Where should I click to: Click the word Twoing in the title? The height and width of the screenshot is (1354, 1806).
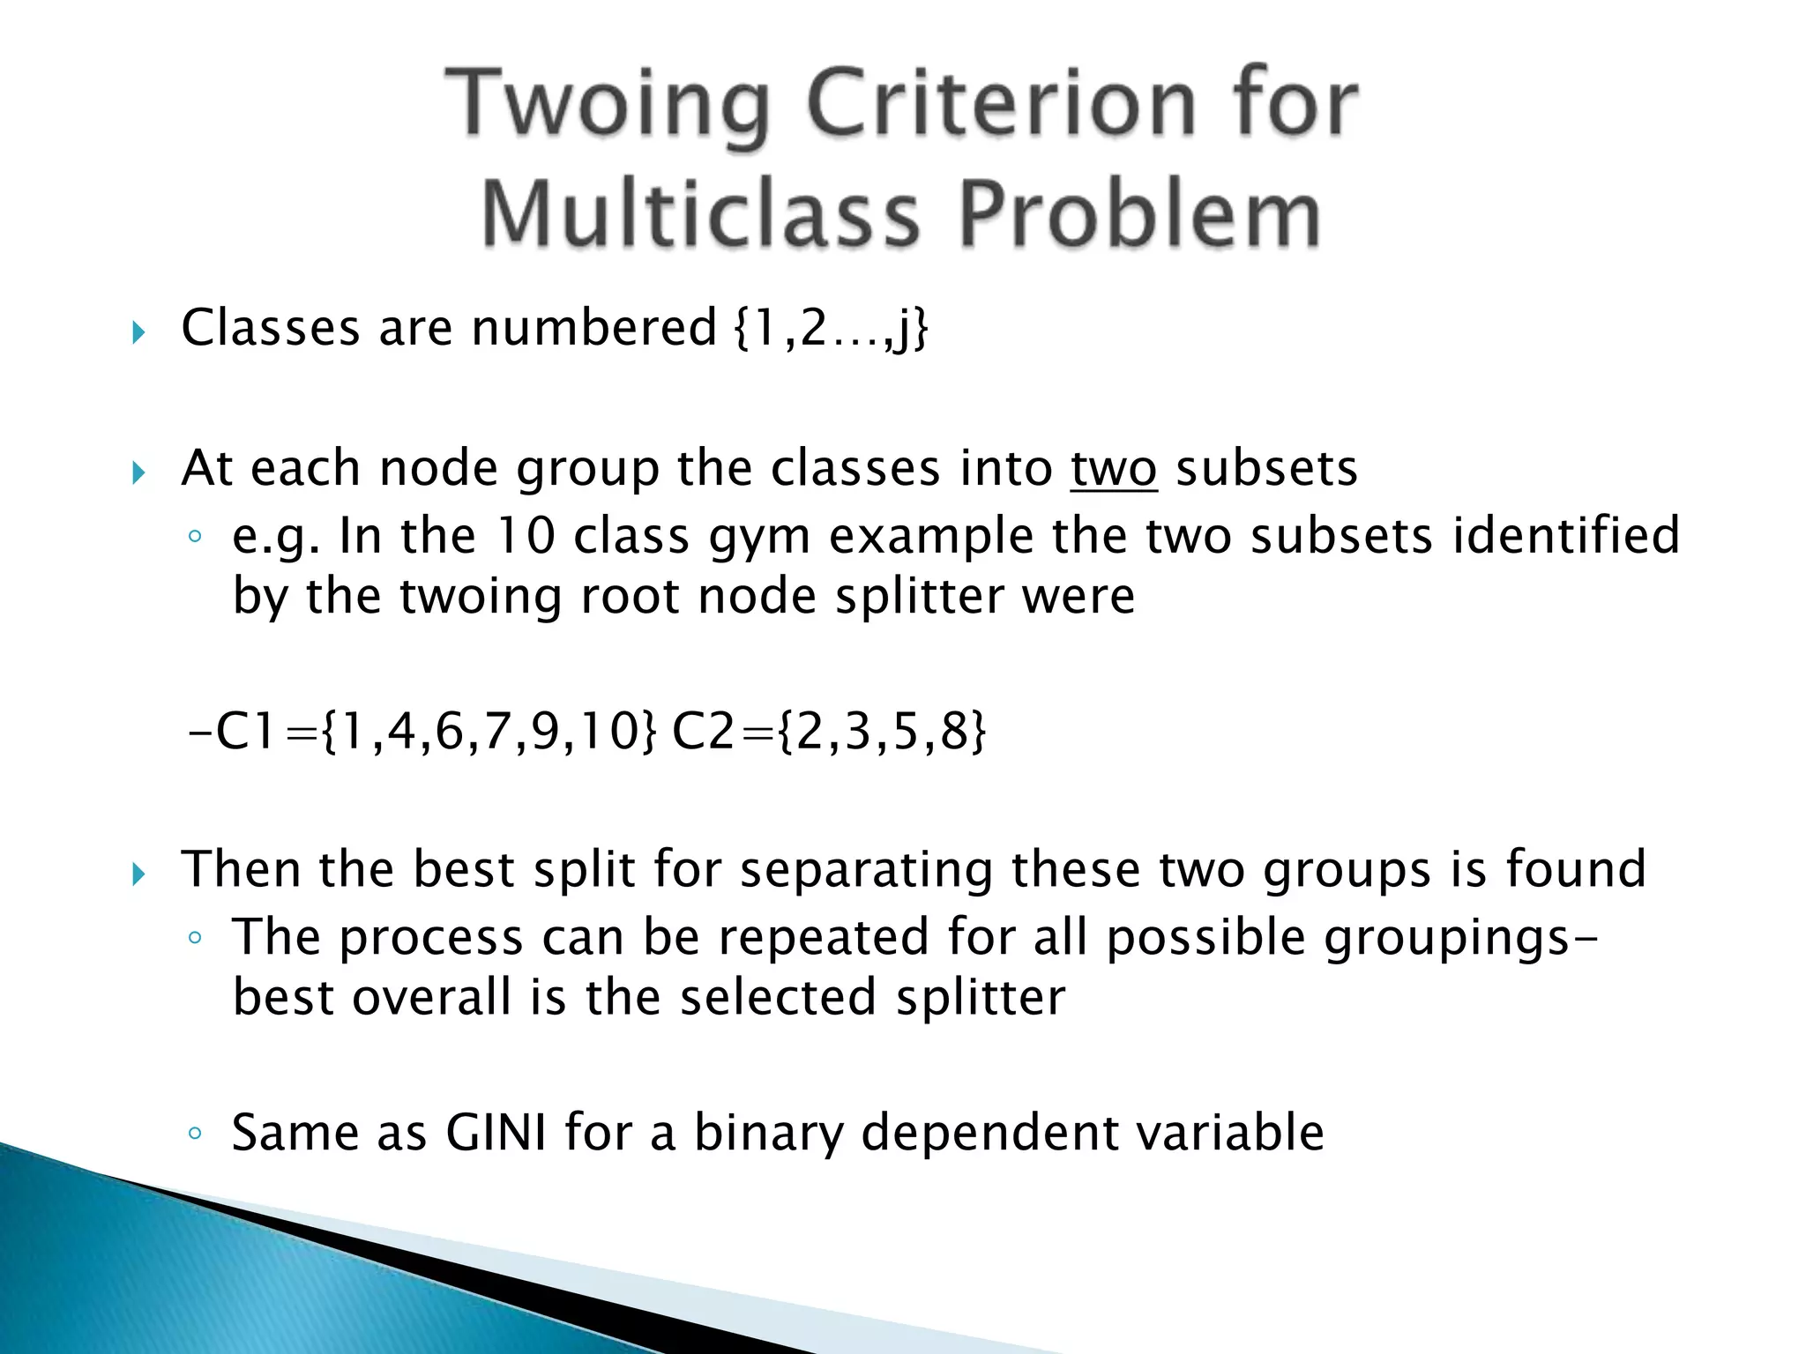click(608, 106)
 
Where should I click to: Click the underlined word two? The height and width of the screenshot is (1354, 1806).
click(1113, 468)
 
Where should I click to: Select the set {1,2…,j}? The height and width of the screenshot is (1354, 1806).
click(830, 329)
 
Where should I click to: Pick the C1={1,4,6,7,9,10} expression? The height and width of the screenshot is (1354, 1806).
click(424, 731)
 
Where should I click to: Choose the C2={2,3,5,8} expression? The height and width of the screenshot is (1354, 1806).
click(829, 731)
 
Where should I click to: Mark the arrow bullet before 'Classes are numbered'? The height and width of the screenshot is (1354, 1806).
click(138, 332)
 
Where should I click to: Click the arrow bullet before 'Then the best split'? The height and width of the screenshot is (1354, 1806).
click(138, 874)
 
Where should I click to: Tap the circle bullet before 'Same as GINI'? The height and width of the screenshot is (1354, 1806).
click(195, 1134)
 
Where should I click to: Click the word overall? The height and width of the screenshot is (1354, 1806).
click(431, 997)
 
